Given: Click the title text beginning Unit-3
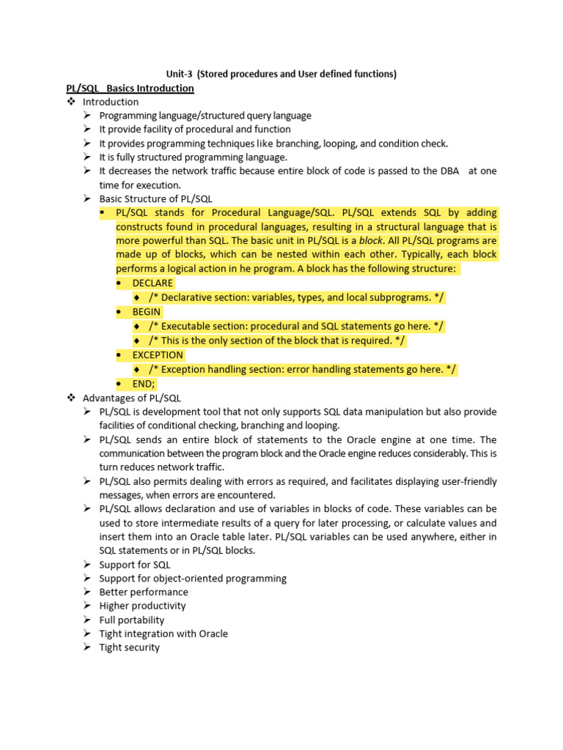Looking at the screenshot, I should coord(281,74).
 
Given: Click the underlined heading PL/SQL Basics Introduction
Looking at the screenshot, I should coord(130,88).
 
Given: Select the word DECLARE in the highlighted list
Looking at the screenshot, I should coord(152,283).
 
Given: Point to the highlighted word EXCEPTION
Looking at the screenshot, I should coord(158,354).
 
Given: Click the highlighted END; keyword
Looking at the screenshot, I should coord(144,383).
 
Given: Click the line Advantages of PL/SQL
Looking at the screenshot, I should coord(131,398).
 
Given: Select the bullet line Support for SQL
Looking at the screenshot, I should coord(135,564).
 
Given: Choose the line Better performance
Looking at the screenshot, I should coord(144,592).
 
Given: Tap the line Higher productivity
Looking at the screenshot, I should coord(142,606).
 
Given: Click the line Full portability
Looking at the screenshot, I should coord(132,620).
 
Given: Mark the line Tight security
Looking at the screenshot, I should coord(129,647).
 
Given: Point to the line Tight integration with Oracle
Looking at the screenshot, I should coord(163,634).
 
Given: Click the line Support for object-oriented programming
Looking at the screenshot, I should coord(193,578).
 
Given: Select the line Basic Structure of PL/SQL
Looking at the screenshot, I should coord(156,198).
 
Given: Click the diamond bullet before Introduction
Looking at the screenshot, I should coord(71,102).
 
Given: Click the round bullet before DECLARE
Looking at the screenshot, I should coord(119,283).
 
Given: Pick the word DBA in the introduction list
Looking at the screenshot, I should coord(448,171).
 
